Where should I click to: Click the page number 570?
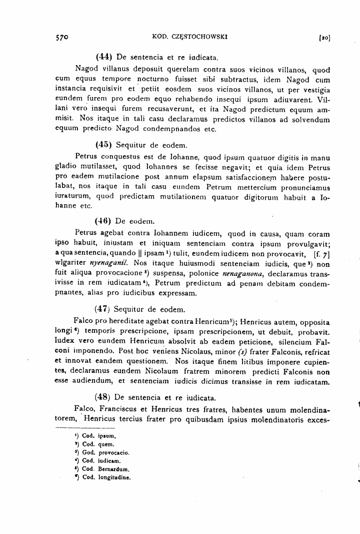tap(62, 37)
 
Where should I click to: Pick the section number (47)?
tap(102, 309)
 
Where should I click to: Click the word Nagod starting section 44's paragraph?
tap(86, 69)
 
